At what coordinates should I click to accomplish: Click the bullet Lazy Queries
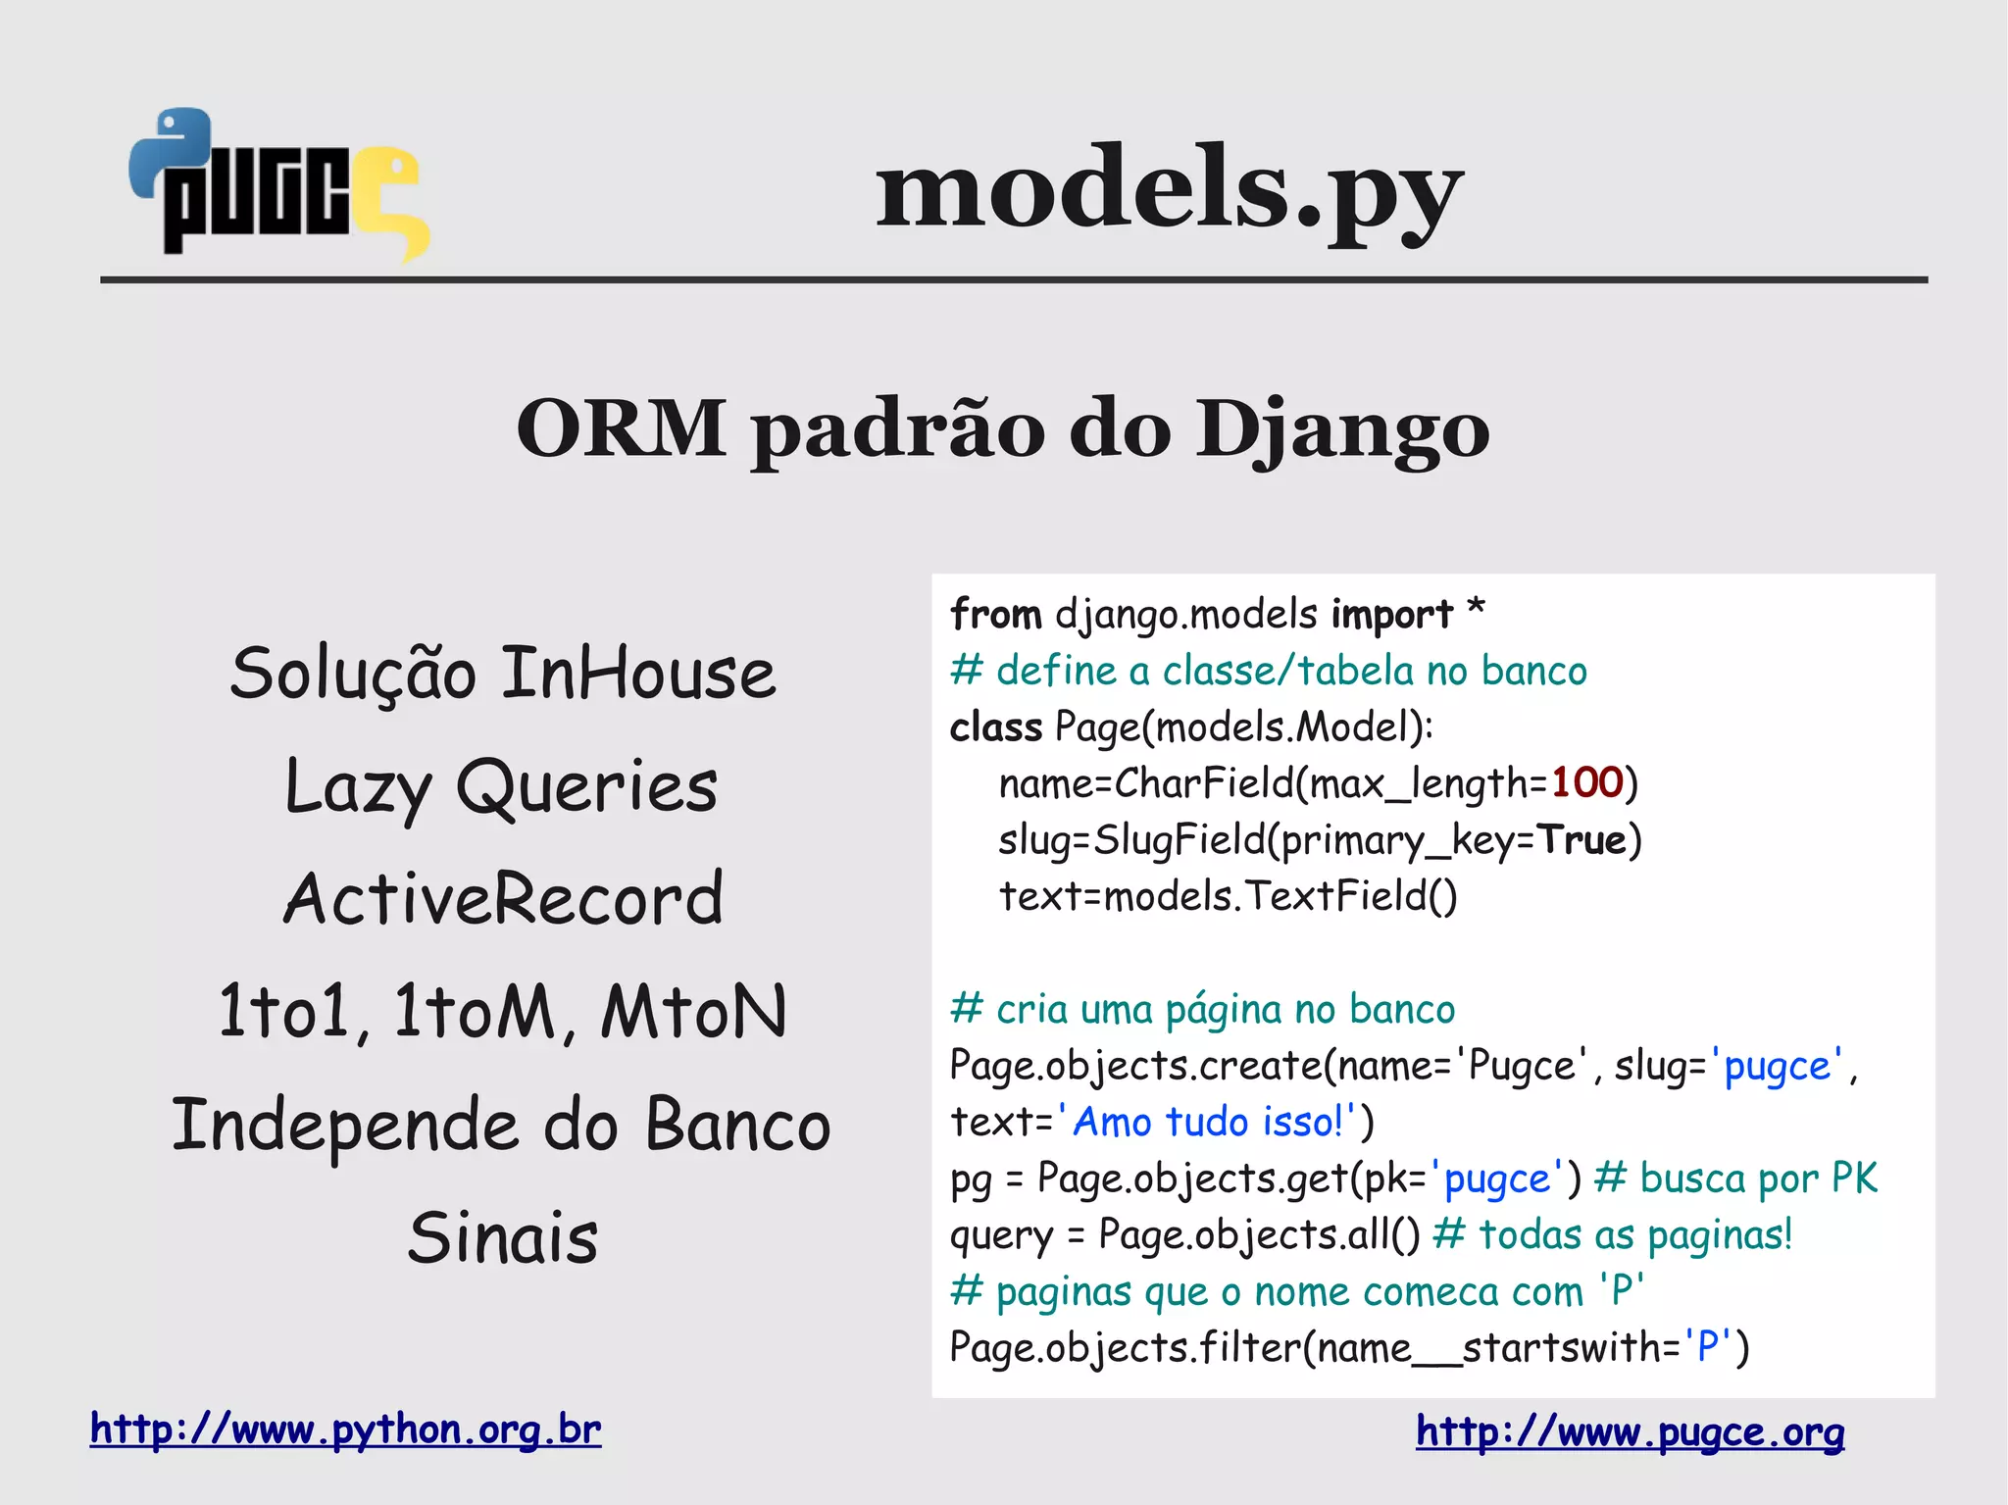[501, 787]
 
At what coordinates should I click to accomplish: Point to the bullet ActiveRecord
[503, 899]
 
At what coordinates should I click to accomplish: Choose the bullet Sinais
[503, 1237]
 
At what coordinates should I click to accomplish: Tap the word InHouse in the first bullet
[638, 675]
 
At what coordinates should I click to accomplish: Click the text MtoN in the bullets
[694, 1012]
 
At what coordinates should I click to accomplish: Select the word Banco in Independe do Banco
[737, 1125]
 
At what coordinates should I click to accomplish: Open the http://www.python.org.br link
[345, 1430]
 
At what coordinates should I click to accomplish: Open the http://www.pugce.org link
[1630, 1431]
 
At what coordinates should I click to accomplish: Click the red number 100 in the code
[1586, 782]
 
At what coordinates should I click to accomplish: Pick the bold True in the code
[1581, 839]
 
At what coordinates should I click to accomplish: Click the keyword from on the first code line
[995, 615]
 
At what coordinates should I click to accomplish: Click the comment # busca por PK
[1735, 1179]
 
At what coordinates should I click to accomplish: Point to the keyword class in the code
[995, 727]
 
